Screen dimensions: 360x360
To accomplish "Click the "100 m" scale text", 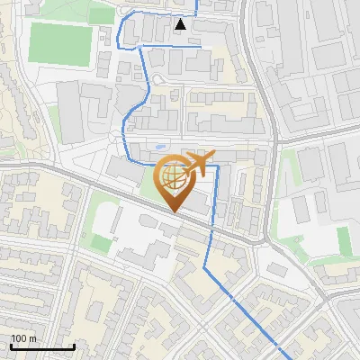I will pyautogui.click(x=23, y=338).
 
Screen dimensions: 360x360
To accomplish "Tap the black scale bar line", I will pyautogui.click(x=42, y=346).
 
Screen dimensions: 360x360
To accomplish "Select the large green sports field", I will pyautogui.click(x=60, y=42).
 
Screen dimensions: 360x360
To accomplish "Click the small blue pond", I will pyautogui.click(x=159, y=147).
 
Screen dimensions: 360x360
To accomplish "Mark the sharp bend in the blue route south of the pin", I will pyautogui.click(x=205, y=268).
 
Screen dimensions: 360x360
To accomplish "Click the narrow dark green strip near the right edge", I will pyautogui.click(x=343, y=241).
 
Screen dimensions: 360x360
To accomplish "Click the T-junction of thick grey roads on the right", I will pyautogui.click(x=274, y=139).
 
